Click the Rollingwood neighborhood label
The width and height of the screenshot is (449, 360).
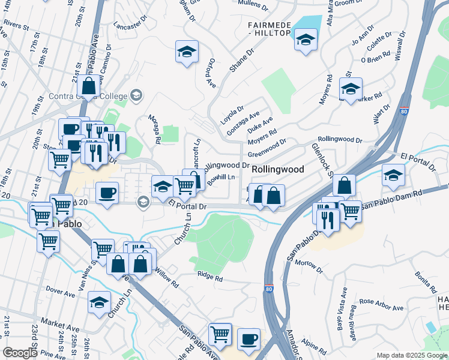(x=278, y=170)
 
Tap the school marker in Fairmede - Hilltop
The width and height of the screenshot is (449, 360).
(x=306, y=40)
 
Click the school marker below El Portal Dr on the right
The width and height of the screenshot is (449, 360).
(x=393, y=175)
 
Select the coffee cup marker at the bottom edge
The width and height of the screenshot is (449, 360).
(x=249, y=340)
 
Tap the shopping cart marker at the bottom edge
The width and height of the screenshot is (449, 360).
(x=220, y=334)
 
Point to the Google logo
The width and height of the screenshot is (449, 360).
(x=20, y=353)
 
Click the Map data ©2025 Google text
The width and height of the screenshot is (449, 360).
(x=411, y=355)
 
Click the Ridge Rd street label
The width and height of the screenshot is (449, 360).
(x=211, y=277)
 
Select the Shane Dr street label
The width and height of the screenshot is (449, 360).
(x=241, y=62)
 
